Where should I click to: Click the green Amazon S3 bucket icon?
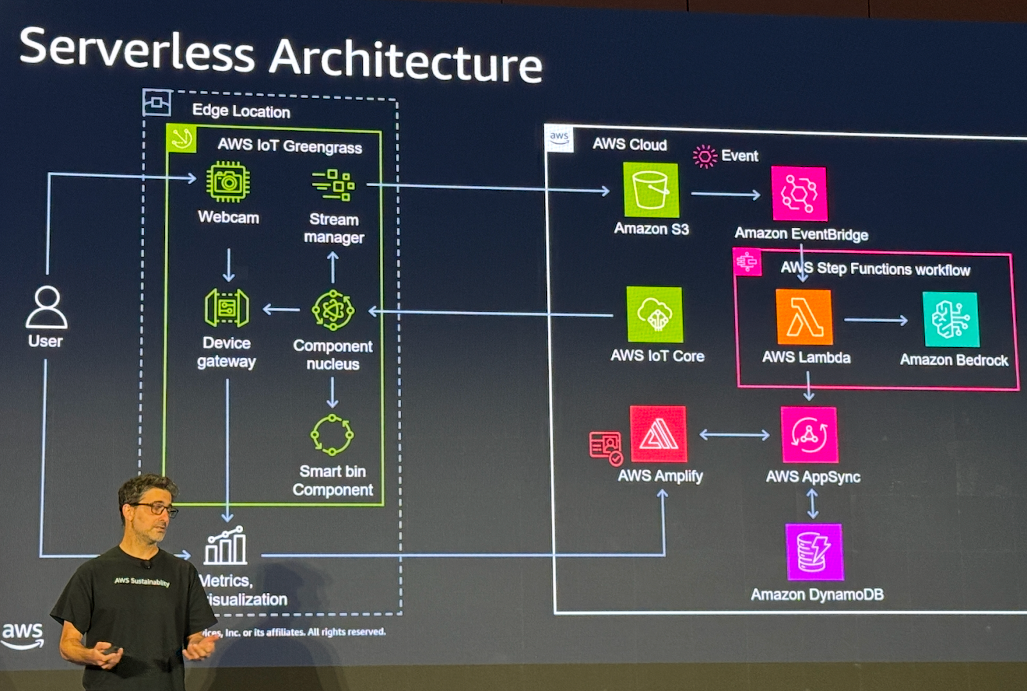pyautogui.click(x=651, y=190)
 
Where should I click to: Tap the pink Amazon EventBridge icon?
pyautogui.click(x=799, y=193)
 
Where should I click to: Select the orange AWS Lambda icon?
pyautogui.click(x=804, y=317)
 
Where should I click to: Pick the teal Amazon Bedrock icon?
pyautogui.click(x=951, y=320)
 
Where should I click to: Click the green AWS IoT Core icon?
pyautogui.click(x=655, y=314)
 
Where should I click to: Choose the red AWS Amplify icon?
pyautogui.click(x=658, y=434)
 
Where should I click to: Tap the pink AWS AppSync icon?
pyautogui.click(x=809, y=434)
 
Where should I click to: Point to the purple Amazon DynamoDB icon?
pyautogui.click(x=815, y=552)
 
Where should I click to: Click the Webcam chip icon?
pyautogui.click(x=228, y=182)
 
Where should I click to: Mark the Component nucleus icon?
pyautogui.click(x=332, y=311)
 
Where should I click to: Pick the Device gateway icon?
pyautogui.click(x=227, y=308)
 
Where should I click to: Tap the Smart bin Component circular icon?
pyautogui.click(x=332, y=434)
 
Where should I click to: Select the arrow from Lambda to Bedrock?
pyautogui.click(x=876, y=320)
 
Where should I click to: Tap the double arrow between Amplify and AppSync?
pyautogui.click(x=734, y=435)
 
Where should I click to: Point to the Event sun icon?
pyautogui.click(x=704, y=157)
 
